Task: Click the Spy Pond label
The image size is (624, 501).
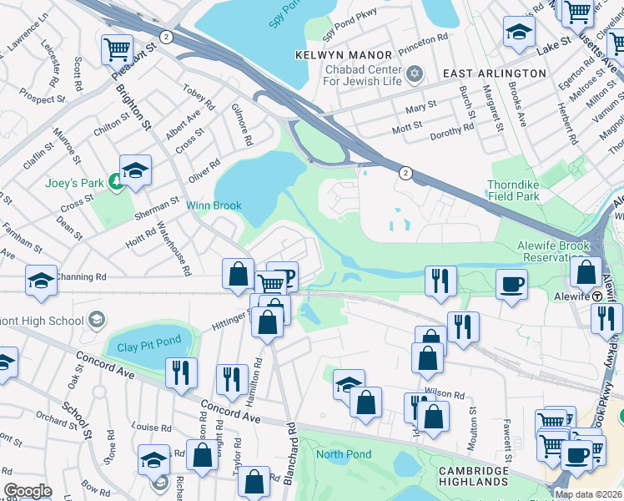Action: (x=284, y=16)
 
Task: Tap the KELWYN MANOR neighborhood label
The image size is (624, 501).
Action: (x=342, y=55)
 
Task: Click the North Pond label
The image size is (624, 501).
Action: (x=341, y=455)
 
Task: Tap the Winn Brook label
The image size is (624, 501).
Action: (x=214, y=205)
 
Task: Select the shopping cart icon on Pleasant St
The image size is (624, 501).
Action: (x=117, y=48)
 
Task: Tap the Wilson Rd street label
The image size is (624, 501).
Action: (x=444, y=393)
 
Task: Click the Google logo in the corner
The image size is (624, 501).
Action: (x=28, y=491)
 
